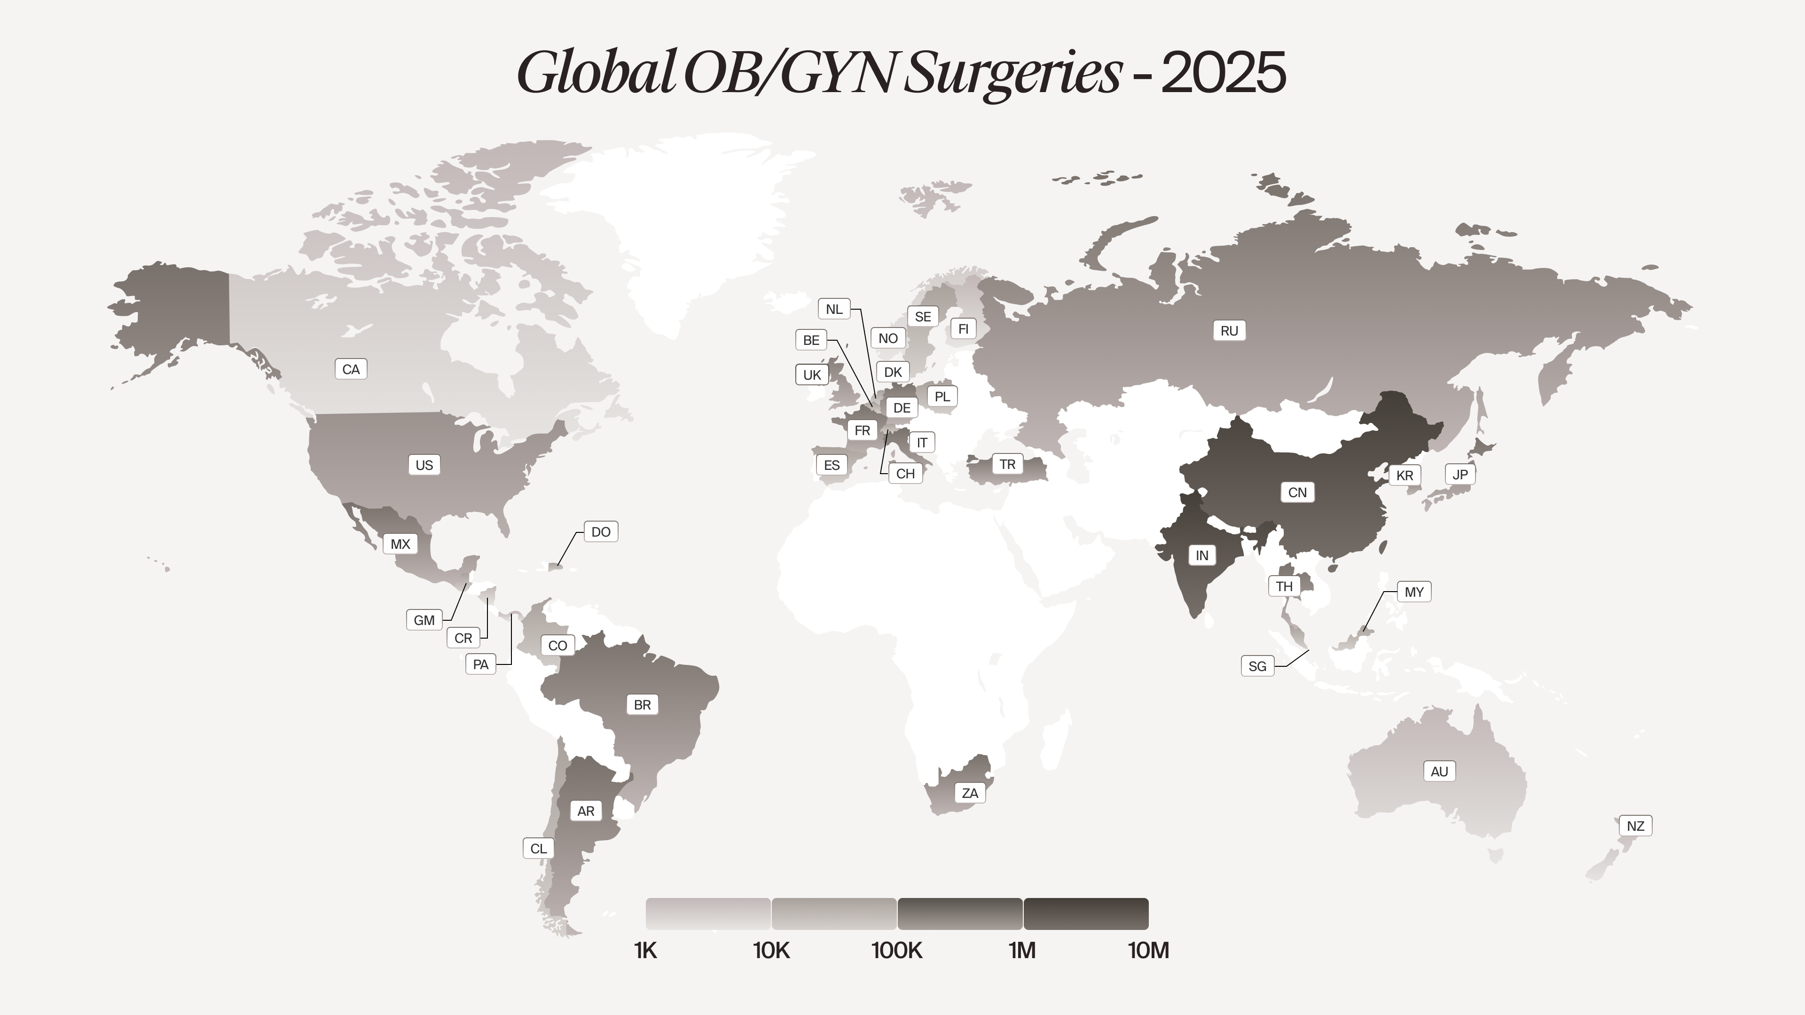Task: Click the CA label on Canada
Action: (351, 369)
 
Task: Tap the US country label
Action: (424, 465)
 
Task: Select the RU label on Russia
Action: (1229, 331)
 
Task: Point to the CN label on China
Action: (1297, 492)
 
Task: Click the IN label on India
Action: (1202, 555)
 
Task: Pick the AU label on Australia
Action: (1439, 771)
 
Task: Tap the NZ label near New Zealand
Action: (1635, 826)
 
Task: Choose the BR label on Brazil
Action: (642, 705)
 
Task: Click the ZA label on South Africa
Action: (970, 793)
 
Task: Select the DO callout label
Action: (601, 531)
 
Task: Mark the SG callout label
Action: (1257, 666)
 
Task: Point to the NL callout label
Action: (834, 309)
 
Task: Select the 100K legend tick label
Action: (897, 951)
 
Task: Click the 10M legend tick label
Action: (1148, 951)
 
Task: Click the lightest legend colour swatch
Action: (708, 913)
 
